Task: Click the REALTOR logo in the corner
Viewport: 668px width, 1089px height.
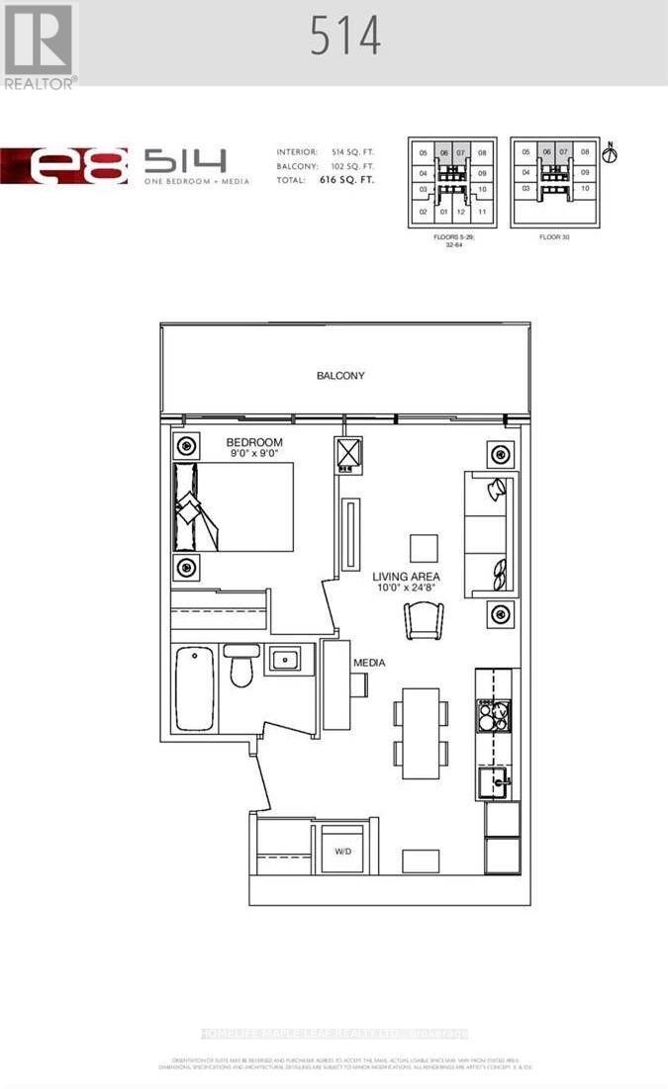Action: (x=40, y=45)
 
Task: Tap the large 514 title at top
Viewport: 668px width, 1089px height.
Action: (x=344, y=38)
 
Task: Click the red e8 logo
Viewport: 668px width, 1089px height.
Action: (x=65, y=165)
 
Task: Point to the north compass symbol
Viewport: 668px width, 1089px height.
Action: (x=611, y=152)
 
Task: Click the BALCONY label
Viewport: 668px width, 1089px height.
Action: (x=340, y=376)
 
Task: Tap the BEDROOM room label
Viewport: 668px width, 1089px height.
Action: (x=254, y=442)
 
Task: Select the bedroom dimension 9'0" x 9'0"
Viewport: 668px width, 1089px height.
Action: (x=254, y=455)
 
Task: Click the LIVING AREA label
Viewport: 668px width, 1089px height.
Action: (x=406, y=577)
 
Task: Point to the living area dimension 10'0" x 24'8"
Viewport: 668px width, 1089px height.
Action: (x=406, y=590)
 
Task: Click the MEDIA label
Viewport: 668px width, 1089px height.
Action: (x=369, y=662)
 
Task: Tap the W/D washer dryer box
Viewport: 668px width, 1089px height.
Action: (x=342, y=850)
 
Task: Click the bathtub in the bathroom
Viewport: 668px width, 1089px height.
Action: (x=194, y=688)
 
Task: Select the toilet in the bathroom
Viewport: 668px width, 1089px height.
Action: (x=241, y=666)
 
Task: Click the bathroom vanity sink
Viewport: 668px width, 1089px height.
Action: (x=288, y=658)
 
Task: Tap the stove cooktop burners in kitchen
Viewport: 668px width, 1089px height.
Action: (x=493, y=715)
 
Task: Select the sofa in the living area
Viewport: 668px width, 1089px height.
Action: (x=488, y=532)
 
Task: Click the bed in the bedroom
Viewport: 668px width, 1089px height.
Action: (x=235, y=506)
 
